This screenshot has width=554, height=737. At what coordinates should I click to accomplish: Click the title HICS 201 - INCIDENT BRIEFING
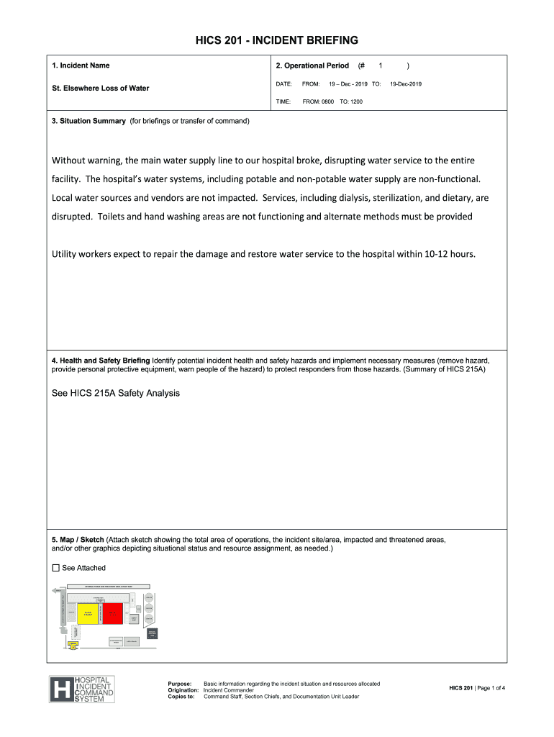tap(277, 40)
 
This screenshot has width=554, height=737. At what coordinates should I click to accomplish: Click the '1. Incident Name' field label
tap(81, 65)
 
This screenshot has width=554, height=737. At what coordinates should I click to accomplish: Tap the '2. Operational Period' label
tap(312, 65)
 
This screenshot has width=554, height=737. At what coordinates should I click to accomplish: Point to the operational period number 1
tap(380, 65)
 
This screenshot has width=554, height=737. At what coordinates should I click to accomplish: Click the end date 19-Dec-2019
tap(406, 84)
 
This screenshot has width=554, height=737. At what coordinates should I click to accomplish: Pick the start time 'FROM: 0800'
tap(318, 102)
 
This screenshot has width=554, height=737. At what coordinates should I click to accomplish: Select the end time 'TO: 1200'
tap(351, 102)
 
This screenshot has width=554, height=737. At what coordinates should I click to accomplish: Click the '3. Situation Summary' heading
tap(88, 120)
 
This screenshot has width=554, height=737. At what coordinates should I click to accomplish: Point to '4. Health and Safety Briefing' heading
tap(101, 360)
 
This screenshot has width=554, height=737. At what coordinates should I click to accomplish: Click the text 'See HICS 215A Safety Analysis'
tap(116, 393)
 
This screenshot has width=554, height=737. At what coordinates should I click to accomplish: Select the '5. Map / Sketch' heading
tap(78, 539)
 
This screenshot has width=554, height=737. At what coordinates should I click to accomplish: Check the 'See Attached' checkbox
tap(56, 568)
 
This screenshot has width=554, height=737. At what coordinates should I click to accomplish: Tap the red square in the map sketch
tap(117, 614)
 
